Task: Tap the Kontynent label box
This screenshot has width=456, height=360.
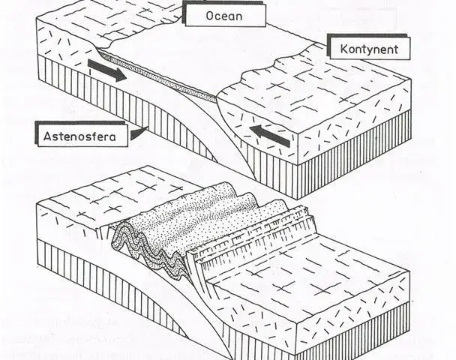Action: point(370,49)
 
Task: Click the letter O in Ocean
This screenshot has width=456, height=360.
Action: point(210,16)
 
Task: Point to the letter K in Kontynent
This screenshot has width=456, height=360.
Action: point(344,49)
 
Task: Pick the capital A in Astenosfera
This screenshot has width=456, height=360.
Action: point(46,136)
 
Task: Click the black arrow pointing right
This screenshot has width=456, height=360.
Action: point(107,70)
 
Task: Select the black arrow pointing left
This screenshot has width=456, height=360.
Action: point(269,136)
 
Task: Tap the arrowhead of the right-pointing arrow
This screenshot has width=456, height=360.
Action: point(120,75)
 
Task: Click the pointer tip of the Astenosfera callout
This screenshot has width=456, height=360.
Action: point(148,127)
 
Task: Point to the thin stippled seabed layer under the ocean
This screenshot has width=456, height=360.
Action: point(157,76)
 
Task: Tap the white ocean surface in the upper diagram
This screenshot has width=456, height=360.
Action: point(203,52)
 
